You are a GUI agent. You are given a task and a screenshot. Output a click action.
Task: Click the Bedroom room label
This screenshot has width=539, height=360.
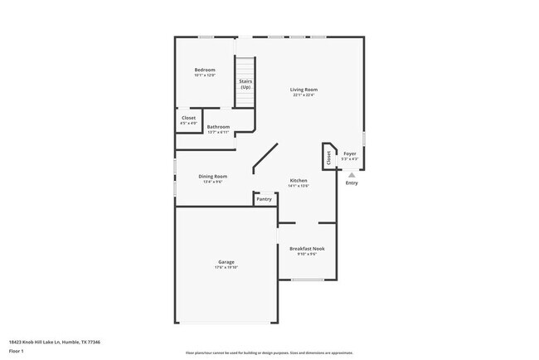point(205,69)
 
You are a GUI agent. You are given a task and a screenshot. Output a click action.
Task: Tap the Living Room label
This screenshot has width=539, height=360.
point(303,90)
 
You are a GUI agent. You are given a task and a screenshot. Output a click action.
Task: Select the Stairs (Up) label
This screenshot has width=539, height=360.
point(245,83)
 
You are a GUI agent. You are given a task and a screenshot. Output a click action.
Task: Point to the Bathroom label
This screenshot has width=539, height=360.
point(218,126)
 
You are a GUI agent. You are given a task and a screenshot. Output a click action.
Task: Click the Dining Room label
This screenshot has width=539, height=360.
point(212,176)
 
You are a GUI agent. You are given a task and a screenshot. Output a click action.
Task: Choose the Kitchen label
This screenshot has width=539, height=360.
point(299,180)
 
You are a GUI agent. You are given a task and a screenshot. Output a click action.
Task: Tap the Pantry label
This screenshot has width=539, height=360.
point(264,199)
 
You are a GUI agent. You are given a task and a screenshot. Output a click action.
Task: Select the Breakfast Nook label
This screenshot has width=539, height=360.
point(307,248)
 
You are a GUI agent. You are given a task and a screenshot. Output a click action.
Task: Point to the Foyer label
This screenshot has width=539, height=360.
point(350,153)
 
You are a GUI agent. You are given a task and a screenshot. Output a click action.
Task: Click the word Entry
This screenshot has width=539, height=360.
point(352,182)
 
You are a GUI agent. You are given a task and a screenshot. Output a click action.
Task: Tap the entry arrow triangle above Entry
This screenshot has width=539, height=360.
point(352,174)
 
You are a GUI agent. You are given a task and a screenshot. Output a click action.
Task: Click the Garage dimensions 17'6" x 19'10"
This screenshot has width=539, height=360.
point(226,267)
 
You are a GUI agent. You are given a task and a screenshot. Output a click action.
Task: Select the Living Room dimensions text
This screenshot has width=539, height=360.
point(303,95)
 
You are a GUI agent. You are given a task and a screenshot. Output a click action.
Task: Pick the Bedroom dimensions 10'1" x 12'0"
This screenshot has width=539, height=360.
point(205,75)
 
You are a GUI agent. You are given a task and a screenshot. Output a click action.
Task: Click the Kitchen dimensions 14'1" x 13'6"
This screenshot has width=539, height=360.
point(299,186)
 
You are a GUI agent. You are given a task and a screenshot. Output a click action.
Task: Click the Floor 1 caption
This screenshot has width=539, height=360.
point(17,351)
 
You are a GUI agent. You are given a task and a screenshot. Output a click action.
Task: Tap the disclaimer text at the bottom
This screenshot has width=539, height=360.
point(269,353)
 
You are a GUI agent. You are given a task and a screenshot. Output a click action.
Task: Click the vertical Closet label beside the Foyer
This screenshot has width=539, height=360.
point(328,158)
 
